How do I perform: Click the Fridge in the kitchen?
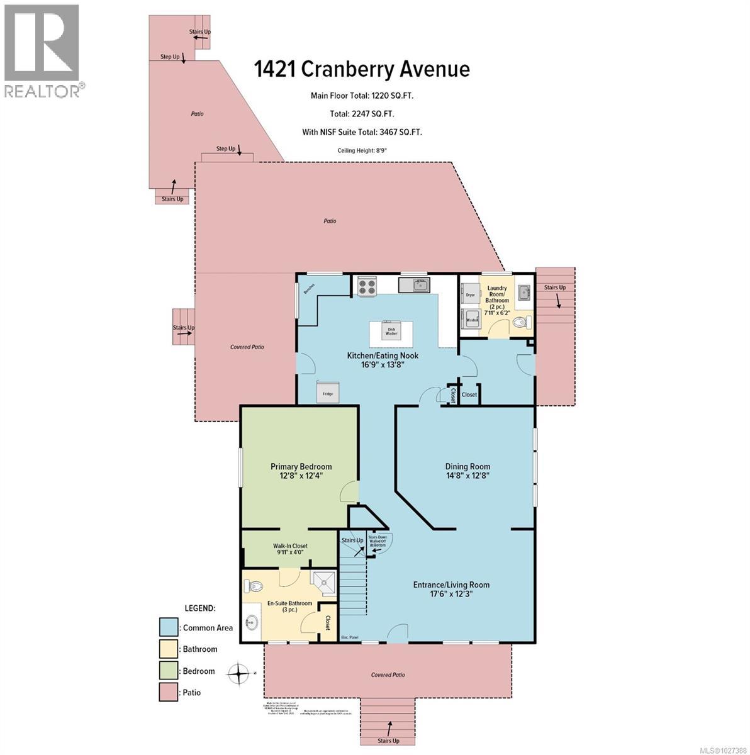pos(328,391)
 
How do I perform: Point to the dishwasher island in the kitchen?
pos(391,329)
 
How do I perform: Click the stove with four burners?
pos(367,287)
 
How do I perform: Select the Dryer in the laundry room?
pos(471,294)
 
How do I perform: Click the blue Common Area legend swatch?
pos(168,627)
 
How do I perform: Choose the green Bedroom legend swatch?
pos(168,671)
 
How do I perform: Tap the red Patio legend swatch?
pos(168,692)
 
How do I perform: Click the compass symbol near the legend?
pos(238,673)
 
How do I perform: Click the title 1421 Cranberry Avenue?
pos(362,69)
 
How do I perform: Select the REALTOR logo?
pos(42,50)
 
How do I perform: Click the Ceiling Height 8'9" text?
pos(362,150)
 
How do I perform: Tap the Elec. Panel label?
pos(349,637)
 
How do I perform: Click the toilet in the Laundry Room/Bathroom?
pos(520,322)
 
